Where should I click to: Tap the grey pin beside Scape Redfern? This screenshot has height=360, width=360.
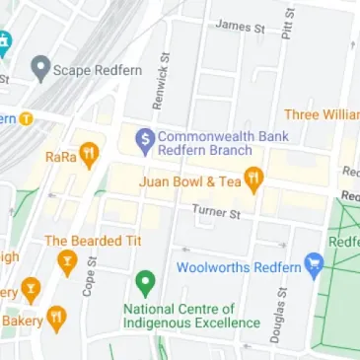pos(40,68)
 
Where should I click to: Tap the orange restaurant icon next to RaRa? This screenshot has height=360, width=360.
pos(88,154)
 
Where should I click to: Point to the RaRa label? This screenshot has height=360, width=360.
pos(60,156)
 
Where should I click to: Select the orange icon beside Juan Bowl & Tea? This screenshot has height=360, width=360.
pos(253,180)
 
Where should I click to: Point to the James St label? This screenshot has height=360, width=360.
pos(241,27)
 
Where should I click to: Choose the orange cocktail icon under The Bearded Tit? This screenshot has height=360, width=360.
pos(67,261)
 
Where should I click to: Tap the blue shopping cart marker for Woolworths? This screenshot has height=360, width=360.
pos(314,264)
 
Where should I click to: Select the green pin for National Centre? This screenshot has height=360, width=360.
pos(145,284)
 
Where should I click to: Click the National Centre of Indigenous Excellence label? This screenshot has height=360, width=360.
pos(178,316)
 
